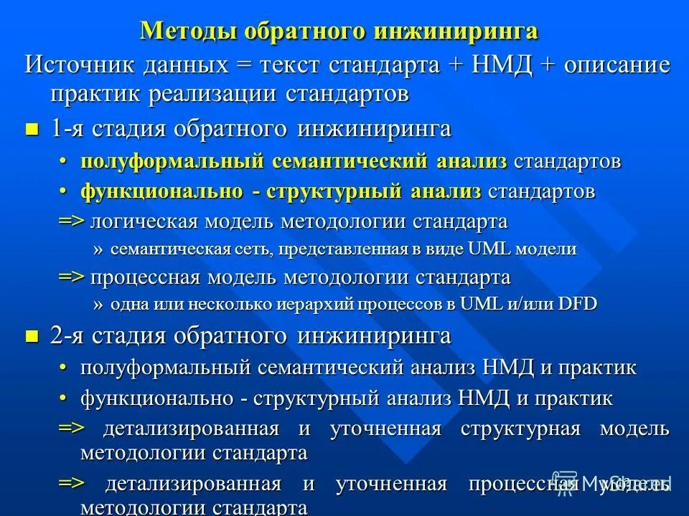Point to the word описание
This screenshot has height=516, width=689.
617,64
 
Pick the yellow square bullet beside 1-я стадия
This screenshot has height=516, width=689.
31,130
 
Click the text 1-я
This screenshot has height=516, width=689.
65,129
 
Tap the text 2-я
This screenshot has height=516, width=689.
65,336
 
